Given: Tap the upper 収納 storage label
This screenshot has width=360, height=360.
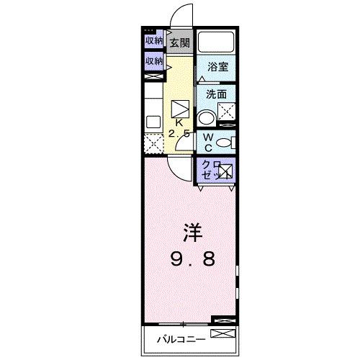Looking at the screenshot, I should [153, 40].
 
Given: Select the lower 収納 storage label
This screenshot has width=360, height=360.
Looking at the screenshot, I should [153, 61].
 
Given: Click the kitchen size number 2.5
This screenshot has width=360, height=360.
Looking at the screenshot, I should [180, 134].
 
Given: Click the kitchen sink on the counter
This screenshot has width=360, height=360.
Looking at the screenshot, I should [153, 122].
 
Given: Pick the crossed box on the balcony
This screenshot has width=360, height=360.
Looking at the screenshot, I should [223, 334].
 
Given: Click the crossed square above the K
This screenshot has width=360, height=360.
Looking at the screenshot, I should [181, 108].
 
